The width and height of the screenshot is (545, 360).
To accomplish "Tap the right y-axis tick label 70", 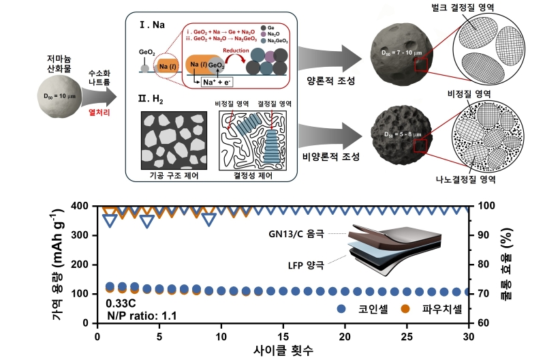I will (x=486, y=294).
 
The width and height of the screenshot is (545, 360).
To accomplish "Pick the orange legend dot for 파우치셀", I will (x=404, y=309).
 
